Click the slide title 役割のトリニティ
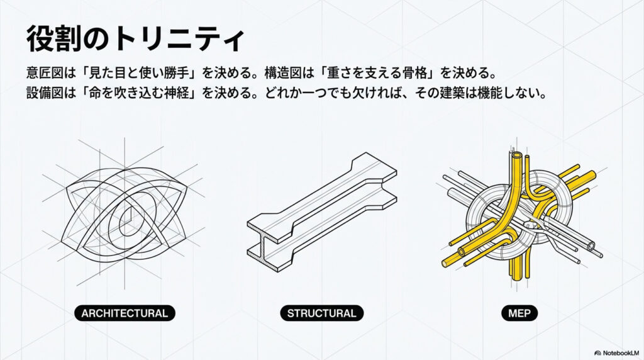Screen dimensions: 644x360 [x=136, y=39]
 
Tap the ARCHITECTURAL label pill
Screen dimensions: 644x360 [x=125, y=313]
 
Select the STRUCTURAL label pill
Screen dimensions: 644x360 [x=321, y=313]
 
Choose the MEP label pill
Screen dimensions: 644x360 [x=519, y=313]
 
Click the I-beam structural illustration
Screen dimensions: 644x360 [x=321, y=212]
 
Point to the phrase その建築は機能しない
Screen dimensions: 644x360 [x=480, y=93]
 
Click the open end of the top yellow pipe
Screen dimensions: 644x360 [x=517, y=157]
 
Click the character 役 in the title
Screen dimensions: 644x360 [x=40, y=39]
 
